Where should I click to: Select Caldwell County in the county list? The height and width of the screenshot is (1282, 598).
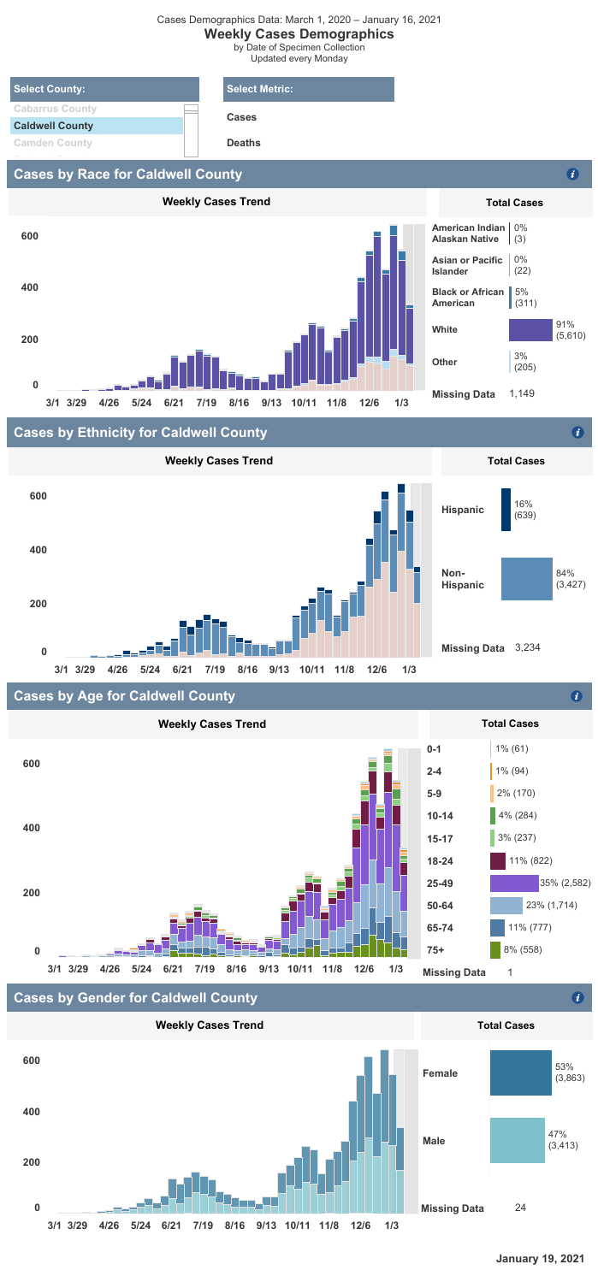(53, 126)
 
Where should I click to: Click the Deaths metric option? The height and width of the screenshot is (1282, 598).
(244, 144)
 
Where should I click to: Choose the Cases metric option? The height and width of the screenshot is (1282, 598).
(241, 117)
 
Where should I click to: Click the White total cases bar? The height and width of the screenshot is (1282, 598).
(530, 329)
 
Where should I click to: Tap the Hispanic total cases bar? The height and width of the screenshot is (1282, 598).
(506, 510)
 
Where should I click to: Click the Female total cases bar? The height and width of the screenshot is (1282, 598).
(520, 1049)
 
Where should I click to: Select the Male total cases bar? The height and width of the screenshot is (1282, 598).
(517, 1140)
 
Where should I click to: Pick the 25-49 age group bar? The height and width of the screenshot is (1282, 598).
(514, 883)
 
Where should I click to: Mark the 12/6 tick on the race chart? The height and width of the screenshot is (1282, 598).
(370, 402)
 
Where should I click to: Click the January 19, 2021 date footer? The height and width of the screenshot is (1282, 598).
(540, 1259)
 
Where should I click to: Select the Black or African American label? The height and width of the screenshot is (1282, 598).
(467, 298)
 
